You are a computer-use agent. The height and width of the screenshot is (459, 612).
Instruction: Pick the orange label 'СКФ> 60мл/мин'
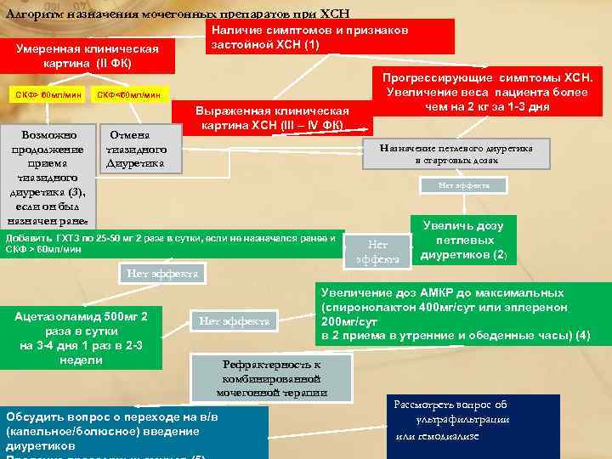point(49,93)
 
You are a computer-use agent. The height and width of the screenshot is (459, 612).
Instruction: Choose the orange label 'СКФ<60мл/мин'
point(129,93)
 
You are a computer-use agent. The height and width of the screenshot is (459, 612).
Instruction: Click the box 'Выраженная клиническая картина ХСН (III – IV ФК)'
point(272,118)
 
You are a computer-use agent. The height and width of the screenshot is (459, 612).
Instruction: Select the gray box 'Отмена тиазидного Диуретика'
point(138,150)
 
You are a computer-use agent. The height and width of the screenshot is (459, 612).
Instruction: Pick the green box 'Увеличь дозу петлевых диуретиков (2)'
point(462,240)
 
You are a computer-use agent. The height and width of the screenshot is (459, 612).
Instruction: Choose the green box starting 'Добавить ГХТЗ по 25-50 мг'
point(173,243)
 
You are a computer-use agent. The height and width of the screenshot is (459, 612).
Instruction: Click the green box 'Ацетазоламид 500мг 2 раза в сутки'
point(82,337)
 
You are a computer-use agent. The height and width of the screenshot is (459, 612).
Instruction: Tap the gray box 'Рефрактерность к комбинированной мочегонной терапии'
point(271,376)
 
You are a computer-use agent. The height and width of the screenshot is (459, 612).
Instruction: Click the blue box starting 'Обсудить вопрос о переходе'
point(135,432)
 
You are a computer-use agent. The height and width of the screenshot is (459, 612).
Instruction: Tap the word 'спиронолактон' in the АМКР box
point(371,307)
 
